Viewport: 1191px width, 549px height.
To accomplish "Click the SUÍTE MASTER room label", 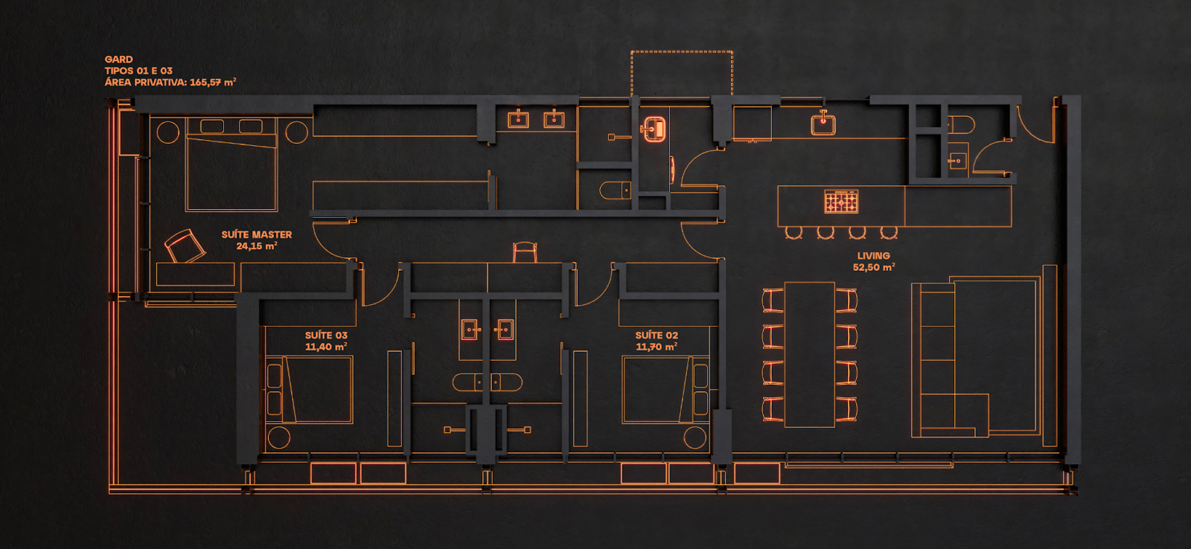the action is tap(256, 234).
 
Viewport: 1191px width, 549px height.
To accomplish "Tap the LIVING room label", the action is tap(873, 256).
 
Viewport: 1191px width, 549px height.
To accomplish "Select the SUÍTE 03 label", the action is tap(326, 335).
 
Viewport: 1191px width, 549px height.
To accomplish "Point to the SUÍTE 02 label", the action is tap(657, 335).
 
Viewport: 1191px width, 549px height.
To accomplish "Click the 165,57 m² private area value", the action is tap(213, 83).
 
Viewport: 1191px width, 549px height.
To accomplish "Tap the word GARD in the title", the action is tap(118, 60).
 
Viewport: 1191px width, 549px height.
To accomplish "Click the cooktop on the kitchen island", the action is tap(841, 202).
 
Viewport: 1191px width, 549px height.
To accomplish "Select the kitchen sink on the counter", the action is tap(823, 123).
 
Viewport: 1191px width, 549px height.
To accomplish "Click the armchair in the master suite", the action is tap(184, 246).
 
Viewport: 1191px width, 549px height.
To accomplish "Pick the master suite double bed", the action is tap(232, 164).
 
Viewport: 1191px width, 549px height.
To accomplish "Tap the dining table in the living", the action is tap(809, 355).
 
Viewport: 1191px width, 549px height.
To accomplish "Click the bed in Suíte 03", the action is tap(309, 390).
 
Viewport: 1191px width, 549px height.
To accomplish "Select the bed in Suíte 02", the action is tap(665, 390).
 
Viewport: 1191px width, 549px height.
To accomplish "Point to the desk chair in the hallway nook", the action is tap(525, 252).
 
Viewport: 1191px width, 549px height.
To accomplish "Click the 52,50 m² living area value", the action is tap(874, 267).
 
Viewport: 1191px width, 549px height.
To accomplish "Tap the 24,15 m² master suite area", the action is tap(256, 246).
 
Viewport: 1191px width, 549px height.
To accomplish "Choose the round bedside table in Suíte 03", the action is tap(279, 437).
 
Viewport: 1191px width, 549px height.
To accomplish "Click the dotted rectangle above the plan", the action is tap(682, 51).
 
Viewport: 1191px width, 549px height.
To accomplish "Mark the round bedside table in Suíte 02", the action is tap(695, 437).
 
